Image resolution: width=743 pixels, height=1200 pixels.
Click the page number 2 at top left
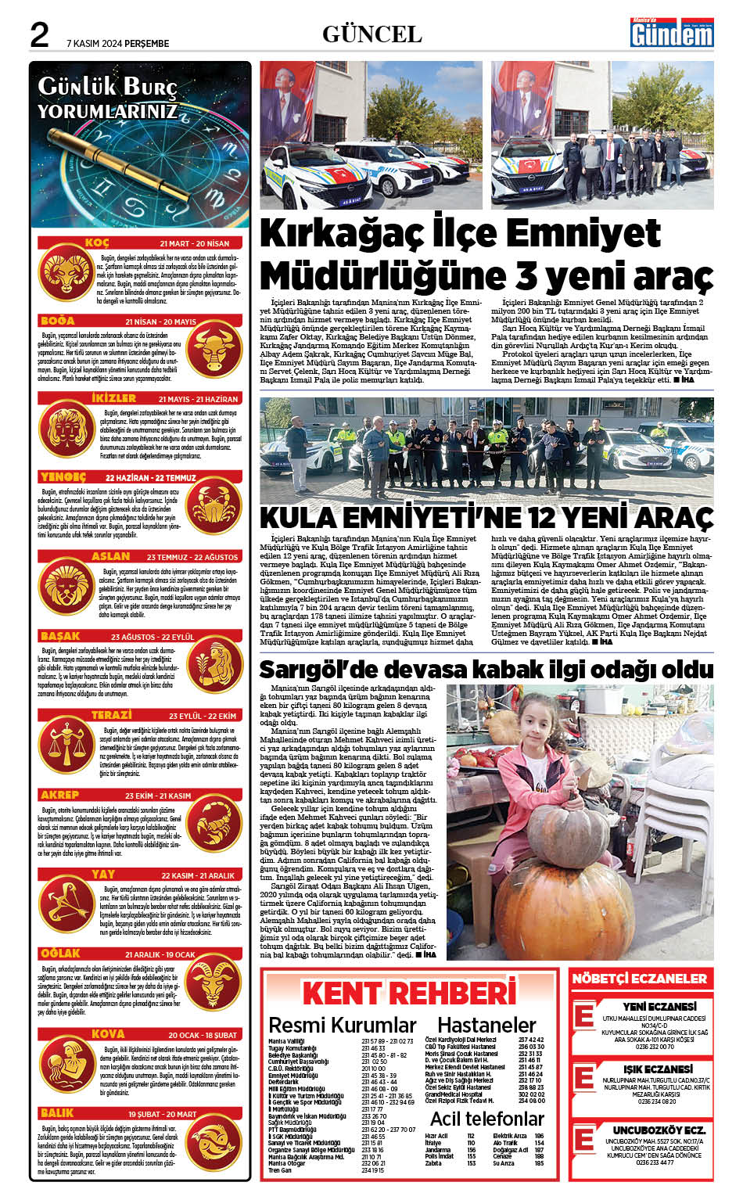point(39,34)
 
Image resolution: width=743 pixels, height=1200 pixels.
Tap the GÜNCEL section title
point(371,34)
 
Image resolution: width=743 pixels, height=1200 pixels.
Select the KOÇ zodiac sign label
point(97,243)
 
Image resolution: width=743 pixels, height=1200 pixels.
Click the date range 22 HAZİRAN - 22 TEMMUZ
point(151,478)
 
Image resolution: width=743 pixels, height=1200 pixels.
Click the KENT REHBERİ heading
point(409,993)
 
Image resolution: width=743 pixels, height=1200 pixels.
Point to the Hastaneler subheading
point(486,1025)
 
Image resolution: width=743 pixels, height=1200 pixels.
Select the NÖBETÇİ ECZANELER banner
point(639,979)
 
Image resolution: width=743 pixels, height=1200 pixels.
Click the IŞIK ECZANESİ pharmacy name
point(658,1069)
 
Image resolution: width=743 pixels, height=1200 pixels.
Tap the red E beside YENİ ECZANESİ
point(583,1015)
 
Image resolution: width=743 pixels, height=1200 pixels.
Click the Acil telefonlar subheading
point(486,1119)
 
